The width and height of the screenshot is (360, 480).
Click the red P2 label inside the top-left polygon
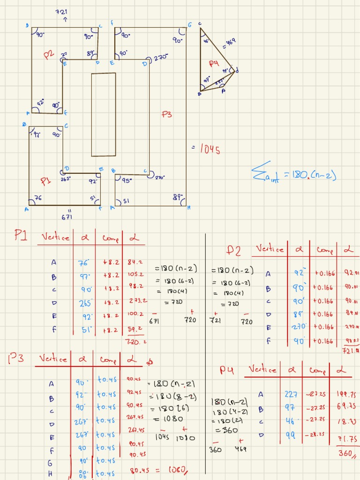(49, 55)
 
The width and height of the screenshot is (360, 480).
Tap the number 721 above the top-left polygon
(61, 12)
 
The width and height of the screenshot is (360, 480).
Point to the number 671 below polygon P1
(67, 217)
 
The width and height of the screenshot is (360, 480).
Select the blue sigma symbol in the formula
(259, 172)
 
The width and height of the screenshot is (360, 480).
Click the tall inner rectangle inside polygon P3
(104, 114)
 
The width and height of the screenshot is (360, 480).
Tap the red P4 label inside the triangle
(214, 63)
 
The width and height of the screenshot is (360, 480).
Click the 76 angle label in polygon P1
(38, 198)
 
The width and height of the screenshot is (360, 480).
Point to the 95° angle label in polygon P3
(127, 179)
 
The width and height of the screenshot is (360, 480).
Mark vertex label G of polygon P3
(190, 24)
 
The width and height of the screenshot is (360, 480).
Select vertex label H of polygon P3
(189, 207)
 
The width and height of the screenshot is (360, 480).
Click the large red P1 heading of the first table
(21, 236)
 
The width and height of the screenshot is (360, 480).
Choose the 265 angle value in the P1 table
(85, 303)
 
